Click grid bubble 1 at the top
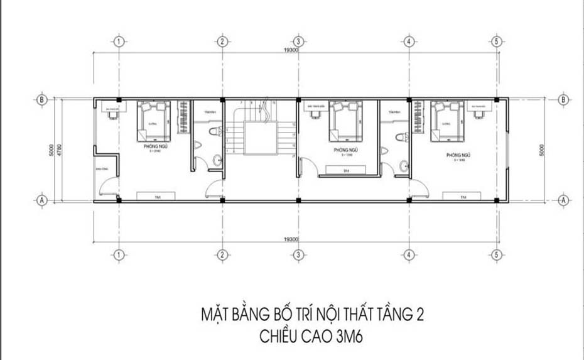118,41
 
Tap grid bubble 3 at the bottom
299,255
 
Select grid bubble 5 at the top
496,41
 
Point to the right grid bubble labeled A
563,200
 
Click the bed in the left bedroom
153,121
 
